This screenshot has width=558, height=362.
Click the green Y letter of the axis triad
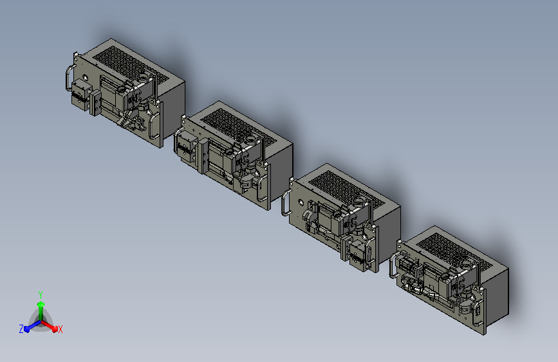point(41,294)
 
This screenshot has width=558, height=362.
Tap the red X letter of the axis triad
point(60,329)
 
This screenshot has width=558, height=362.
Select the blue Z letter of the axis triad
point(21,329)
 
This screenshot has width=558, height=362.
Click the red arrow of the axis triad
point(50,326)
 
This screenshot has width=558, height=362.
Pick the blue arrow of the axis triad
point(32,326)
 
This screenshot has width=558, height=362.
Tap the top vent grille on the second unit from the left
point(239,127)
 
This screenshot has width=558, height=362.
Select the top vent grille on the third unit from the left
point(347,189)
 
